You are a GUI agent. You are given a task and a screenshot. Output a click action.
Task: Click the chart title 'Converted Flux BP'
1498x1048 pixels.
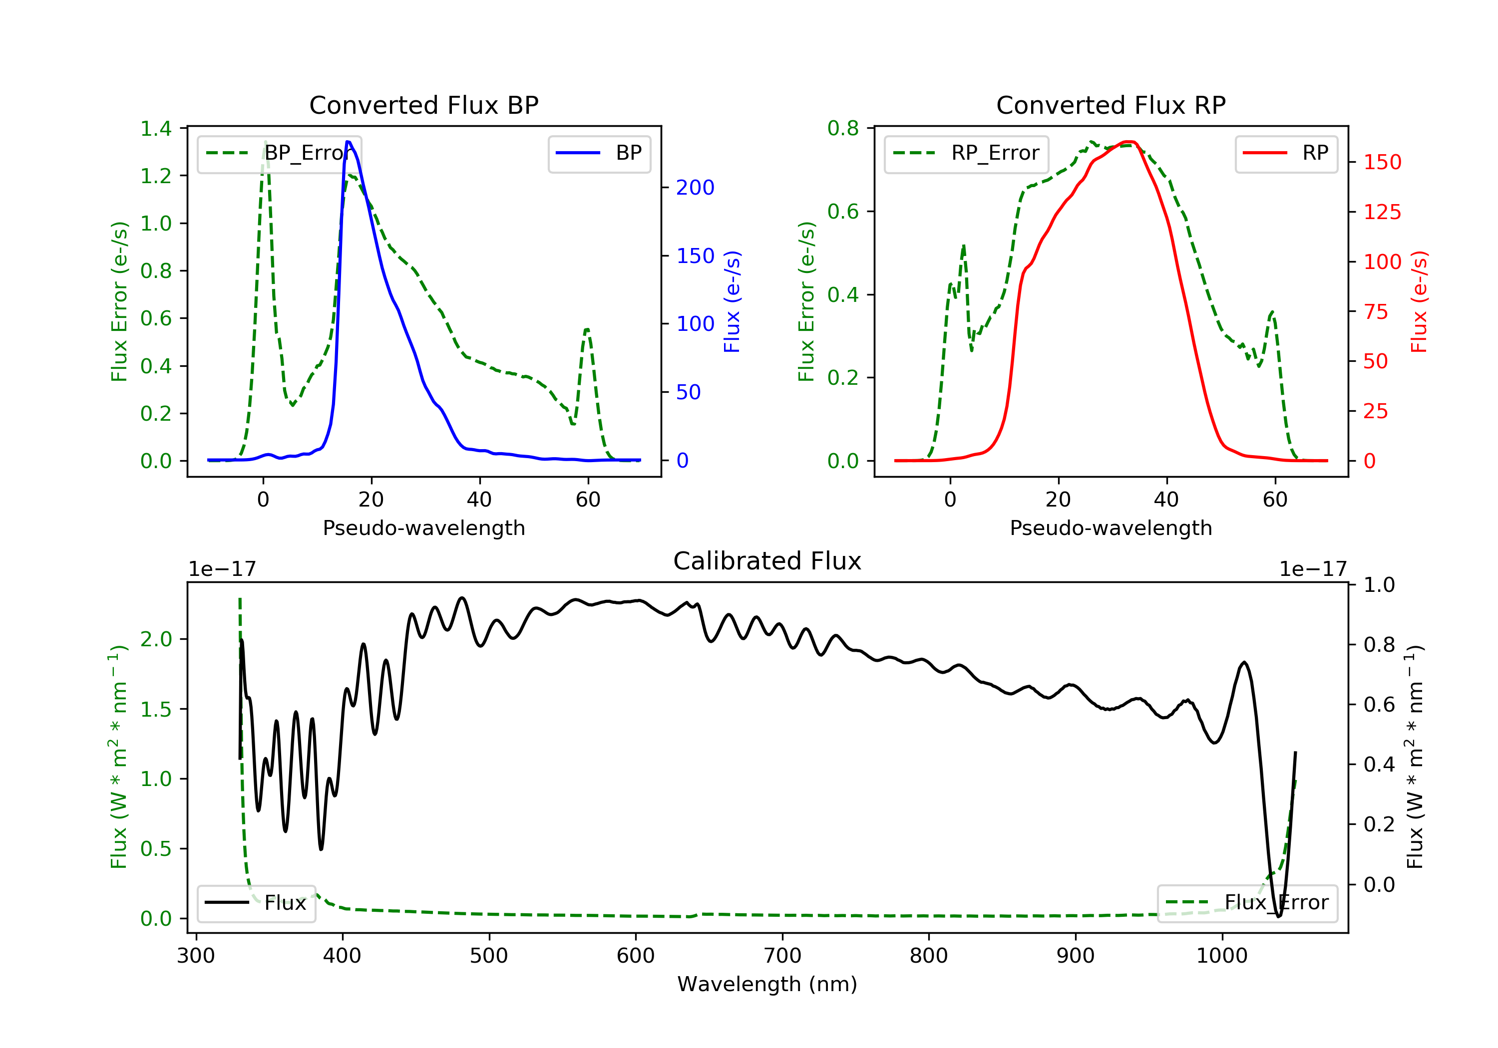click(424, 105)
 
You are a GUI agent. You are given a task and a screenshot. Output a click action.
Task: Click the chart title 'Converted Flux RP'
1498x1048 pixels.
click(1111, 105)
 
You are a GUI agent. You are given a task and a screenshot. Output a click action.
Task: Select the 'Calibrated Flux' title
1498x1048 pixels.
click(767, 561)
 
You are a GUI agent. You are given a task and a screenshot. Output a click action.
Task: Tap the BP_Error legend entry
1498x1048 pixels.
click(279, 153)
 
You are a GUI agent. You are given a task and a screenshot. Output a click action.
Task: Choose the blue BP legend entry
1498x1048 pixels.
click(599, 153)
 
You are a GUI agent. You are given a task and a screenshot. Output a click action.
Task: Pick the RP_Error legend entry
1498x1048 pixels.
click(966, 153)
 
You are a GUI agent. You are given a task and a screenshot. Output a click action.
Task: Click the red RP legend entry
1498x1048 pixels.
click(1286, 153)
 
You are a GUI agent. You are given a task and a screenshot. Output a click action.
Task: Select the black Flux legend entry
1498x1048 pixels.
click(256, 903)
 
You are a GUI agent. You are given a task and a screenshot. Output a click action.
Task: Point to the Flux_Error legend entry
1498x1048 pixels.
click(1247, 903)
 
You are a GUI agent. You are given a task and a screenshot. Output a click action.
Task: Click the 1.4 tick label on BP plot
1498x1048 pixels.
click(156, 128)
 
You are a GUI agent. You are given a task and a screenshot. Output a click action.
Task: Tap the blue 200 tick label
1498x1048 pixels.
click(696, 188)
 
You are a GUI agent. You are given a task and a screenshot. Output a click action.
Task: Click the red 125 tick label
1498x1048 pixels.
click(1383, 212)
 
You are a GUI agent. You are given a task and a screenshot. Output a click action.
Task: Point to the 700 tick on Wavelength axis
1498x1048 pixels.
click(782, 956)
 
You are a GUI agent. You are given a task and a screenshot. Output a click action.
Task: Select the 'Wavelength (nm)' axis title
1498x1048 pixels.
click(767, 984)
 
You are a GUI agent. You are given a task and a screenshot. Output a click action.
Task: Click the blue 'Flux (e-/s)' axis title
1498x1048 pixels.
click(732, 302)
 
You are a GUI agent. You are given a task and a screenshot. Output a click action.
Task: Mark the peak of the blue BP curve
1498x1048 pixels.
click(349, 142)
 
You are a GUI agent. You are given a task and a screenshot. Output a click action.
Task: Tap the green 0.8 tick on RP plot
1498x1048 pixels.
click(843, 128)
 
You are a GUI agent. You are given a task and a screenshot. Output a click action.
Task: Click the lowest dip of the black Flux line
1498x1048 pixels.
click(1278, 916)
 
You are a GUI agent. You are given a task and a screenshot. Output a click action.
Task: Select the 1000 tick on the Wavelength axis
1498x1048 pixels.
click(1222, 956)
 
